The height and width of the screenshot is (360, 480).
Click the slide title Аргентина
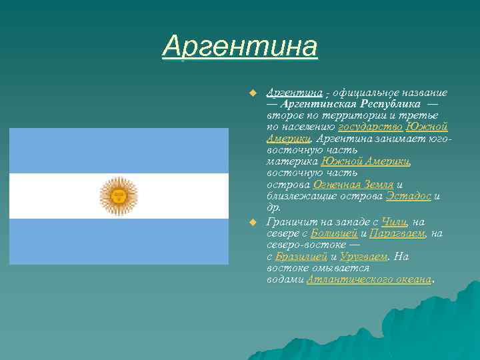[240, 47]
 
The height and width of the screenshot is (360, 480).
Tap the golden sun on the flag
[118, 196]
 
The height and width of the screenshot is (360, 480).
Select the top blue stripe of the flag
[118, 151]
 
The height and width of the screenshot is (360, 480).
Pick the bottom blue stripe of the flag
[118, 241]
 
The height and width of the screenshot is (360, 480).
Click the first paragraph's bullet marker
[253, 92]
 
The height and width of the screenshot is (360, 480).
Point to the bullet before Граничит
[253, 221]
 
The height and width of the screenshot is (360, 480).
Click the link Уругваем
[363, 257]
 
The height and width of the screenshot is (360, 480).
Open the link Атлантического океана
[369, 279]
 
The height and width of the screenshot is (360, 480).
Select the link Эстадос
[408, 196]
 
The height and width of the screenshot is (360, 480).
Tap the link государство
[370, 127]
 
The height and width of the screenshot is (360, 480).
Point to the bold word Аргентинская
[319, 104]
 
